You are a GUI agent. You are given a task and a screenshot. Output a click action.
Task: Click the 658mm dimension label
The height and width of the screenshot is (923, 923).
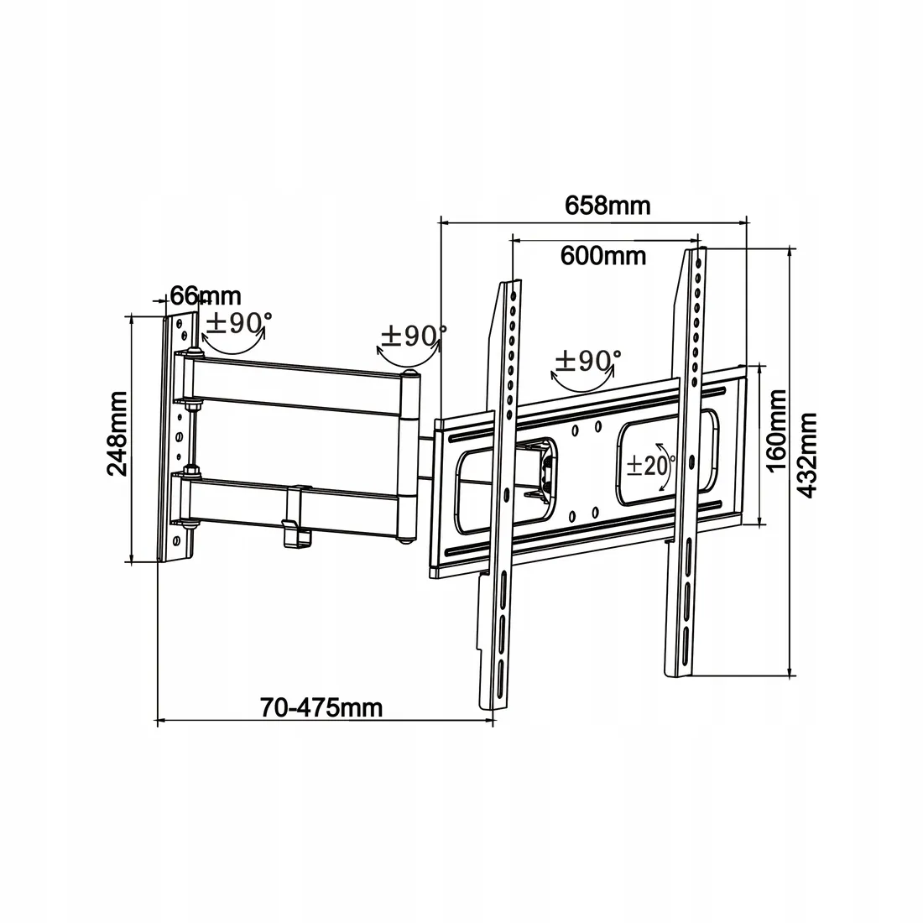pyautogui.click(x=608, y=206)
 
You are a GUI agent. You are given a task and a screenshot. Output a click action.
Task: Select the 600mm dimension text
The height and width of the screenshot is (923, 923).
pyautogui.click(x=602, y=255)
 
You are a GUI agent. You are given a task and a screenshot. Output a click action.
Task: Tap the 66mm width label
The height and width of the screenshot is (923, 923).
pyautogui.click(x=206, y=295)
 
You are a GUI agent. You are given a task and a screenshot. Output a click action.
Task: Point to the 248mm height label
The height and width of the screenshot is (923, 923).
pyautogui.click(x=117, y=433)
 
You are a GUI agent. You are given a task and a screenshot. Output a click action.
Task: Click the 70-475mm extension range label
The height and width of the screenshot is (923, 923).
pyautogui.click(x=321, y=707)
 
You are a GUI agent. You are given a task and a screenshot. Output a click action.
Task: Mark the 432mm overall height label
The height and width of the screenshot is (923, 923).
pyautogui.click(x=806, y=456)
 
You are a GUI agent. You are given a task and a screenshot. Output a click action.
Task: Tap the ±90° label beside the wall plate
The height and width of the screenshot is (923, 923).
pyautogui.click(x=238, y=322)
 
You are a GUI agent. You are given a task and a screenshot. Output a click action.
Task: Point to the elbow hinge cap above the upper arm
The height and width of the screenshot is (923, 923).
pyautogui.click(x=409, y=374)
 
